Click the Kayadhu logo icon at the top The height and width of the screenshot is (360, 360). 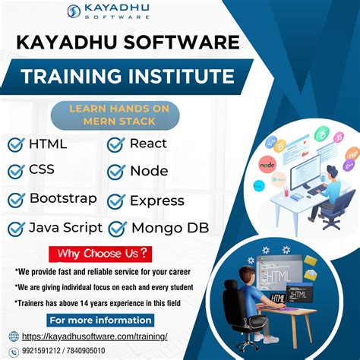(x=74, y=11)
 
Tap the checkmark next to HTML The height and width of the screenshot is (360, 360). (x=16, y=144)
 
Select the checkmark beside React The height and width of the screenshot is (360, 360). (x=116, y=144)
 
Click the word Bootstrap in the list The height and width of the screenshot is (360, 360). (x=63, y=199)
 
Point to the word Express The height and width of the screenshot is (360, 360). (x=156, y=201)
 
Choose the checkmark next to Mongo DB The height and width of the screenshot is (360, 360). (x=117, y=228)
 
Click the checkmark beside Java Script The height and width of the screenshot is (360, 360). (x=16, y=228)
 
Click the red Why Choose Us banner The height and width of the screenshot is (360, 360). (x=99, y=253)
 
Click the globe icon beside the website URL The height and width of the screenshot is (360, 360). (x=14, y=336)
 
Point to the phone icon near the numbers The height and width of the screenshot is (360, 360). (x=14, y=352)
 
